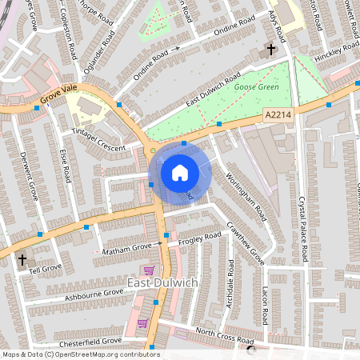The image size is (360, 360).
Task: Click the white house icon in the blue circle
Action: (x=180, y=172)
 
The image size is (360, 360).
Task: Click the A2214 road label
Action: (x=276, y=117)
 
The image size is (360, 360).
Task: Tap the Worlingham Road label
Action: (x=246, y=196)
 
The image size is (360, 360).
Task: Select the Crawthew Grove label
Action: (x=245, y=243)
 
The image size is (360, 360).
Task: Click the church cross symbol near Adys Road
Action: (x=270, y=50)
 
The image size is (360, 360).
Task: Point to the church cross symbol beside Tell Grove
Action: (x=22, y=260)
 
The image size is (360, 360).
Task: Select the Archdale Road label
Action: (x=231, y=280)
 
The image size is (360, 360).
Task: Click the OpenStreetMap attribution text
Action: (x=80, y=354)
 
